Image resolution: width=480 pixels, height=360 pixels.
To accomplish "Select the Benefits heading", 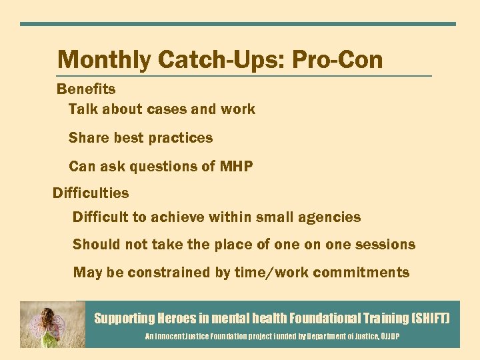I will pyautogui.click(x=86, y=89).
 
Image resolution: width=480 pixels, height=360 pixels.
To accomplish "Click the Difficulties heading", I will pyautogui.click(x=91, y=193).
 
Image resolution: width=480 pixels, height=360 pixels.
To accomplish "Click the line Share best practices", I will pyautogui.click(x=141, y=138).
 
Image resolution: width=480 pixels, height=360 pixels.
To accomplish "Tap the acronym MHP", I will pyautogui.click(x=236, y=167).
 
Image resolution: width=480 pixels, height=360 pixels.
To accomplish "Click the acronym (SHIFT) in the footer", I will pyautogui.click(x=431, y=319).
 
